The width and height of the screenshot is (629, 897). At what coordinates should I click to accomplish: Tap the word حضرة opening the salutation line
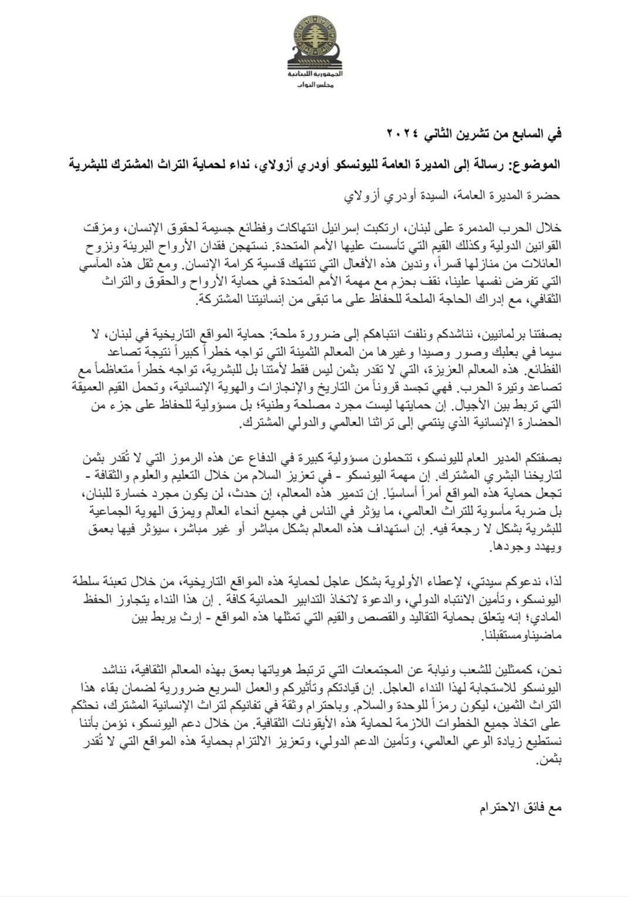pos(546,195)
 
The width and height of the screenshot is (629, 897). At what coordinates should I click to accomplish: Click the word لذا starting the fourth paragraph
pos(553,581)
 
